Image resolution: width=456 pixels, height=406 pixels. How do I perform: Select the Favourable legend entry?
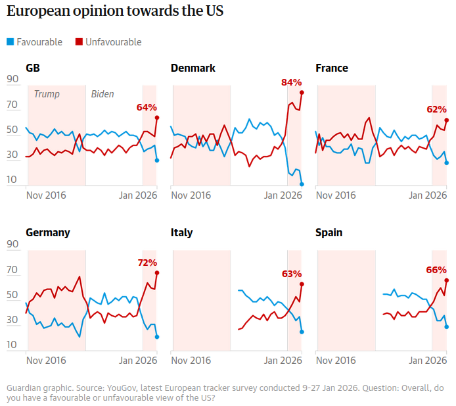tap(34, 42)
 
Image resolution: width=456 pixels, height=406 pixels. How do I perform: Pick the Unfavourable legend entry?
tap(108, 42)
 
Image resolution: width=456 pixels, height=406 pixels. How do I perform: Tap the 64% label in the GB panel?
tap(147, 107)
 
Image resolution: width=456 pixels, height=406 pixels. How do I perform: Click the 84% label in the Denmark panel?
tap(291, 82)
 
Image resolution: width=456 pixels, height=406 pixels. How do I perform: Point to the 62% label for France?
tap(436, 109)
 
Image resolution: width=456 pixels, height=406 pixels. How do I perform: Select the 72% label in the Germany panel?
tap(147, 263)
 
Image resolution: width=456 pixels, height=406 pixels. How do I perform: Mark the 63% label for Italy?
tap(291, 274)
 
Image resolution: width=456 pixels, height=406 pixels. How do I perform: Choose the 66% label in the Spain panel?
tap(436, 270)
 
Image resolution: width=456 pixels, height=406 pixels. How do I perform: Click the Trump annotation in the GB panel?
tap(46, 94)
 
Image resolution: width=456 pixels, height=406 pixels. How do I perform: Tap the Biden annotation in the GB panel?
tap(102, 94)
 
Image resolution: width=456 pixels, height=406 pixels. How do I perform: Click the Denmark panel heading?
tap(193, 68)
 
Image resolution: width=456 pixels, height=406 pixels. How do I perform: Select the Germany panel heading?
tap(48, 233)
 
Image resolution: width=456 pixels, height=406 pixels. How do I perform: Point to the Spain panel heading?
tap(329, 233)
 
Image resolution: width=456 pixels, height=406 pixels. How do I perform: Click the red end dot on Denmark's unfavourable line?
tap(302, 92)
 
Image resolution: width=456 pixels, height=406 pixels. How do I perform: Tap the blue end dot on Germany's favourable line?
tap(157, 337)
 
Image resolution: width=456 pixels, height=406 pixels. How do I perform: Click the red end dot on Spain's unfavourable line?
tap(447, 280)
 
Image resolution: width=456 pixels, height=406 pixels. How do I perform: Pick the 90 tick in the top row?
tap(12, 80)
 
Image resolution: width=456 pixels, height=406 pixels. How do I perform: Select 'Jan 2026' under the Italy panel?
tap(283, 361)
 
